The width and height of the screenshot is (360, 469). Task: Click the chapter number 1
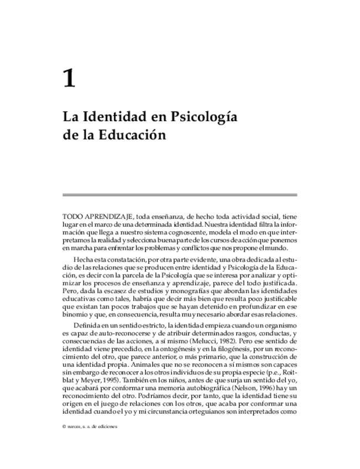pyautogui.click(x=69, y=79)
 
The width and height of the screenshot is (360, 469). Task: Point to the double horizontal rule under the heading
pyautogui.click(x=180, y=195)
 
